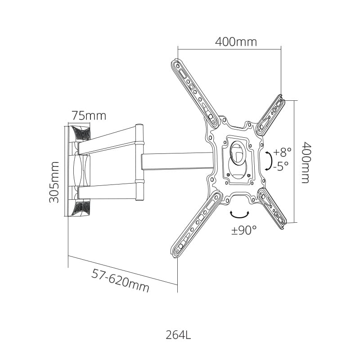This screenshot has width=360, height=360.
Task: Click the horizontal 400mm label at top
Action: click(x=236, y=42)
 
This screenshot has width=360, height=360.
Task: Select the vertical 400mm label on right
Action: click(x=306, y=162)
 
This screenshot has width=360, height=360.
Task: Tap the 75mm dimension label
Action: click(x=89, y=116)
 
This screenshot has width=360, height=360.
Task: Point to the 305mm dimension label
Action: click(x=54, y=182)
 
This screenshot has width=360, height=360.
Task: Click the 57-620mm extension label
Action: click(x=120, y=280)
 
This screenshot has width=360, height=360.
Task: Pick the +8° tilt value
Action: click(x=282, y=152)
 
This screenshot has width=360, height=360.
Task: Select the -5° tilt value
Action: click(x=280, y=166)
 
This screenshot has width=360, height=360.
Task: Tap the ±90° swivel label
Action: click(x=244, y=230)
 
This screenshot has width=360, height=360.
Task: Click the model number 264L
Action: click(x=178, y=335)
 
